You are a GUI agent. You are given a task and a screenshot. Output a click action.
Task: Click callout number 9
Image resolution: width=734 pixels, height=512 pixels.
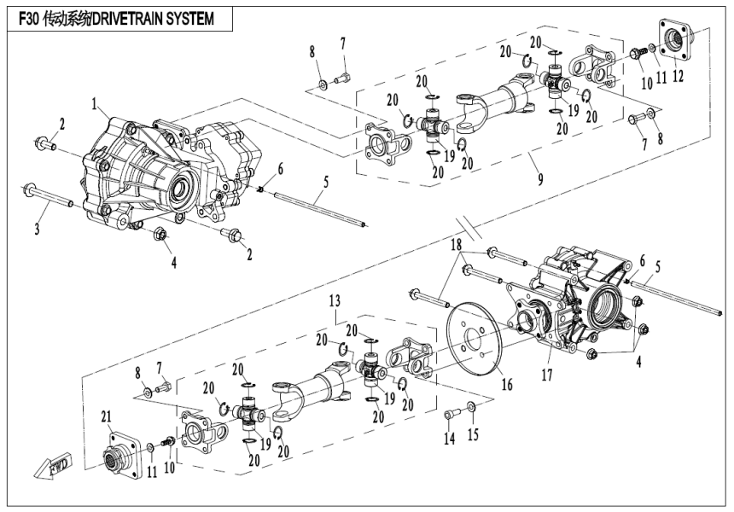535,181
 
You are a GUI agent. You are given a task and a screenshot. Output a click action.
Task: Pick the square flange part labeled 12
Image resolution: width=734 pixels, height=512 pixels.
679,38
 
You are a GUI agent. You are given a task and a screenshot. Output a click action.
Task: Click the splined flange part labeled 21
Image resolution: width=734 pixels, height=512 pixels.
120,451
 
